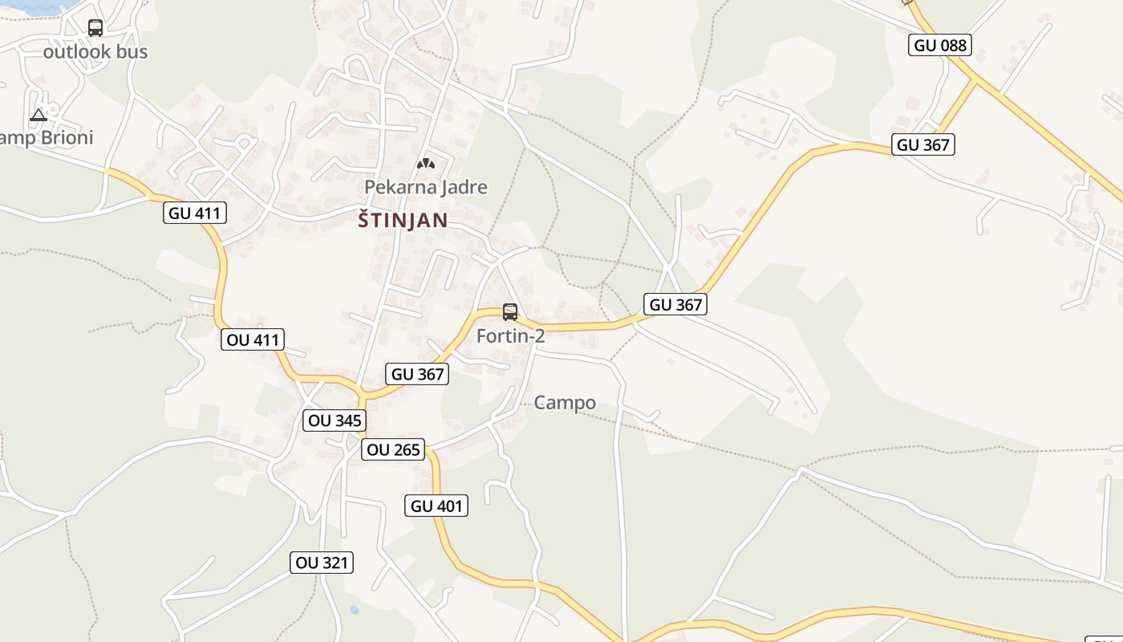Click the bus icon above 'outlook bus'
coord(95,28)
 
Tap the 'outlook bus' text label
coord(95,51)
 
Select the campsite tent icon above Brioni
coord(38,116)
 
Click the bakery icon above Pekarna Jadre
coord(425,164)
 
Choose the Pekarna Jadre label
coord(425,187)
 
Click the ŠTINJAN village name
coord(403,221)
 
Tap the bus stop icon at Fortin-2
coord(510,312)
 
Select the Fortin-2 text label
coord(510,335)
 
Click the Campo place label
coord(565,403)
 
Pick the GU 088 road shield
coord(941,45)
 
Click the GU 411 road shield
coord(195,213)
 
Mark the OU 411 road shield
coord(253,339)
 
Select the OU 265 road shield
coord(393,449)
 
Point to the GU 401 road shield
coord(436,506)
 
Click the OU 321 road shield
coord(322,563)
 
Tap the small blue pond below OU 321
coord(355,611)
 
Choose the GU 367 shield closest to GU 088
coord(923,145)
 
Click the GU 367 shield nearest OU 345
coord(416,374)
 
